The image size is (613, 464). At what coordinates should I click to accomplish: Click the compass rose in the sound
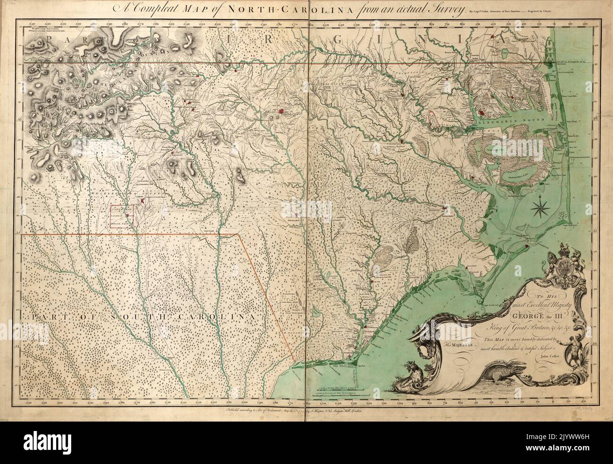[540, 206]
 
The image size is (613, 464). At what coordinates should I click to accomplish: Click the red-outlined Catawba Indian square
[122, 216]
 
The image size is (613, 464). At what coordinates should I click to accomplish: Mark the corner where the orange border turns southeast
[237, 234]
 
